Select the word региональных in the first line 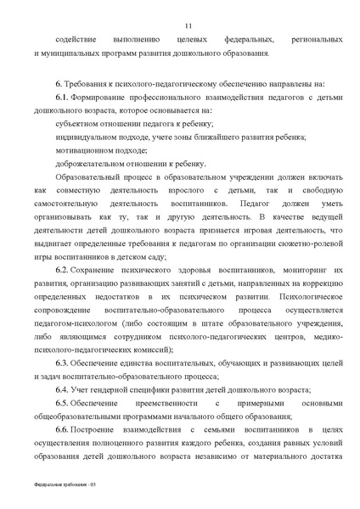point(316,40)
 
